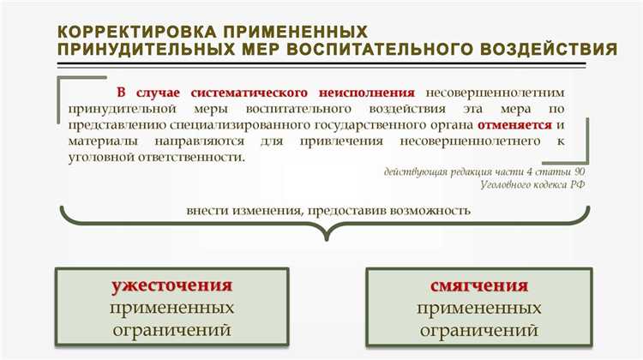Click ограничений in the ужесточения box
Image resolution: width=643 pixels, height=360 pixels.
tap(172, 329)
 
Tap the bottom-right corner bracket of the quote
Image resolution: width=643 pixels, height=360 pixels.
tap(586, 159)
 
